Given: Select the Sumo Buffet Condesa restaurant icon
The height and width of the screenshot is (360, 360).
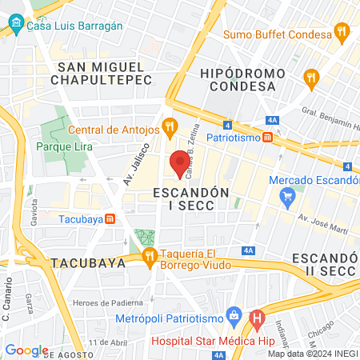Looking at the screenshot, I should (x=342, y=34).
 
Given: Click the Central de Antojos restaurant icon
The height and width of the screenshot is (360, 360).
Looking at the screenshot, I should (x=169, y=126).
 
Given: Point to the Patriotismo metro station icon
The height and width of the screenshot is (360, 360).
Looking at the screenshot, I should (x=267, y=138).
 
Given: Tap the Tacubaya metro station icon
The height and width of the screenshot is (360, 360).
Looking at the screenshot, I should (x=110, y=218).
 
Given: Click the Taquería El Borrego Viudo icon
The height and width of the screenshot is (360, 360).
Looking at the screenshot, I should (x=150, y=257).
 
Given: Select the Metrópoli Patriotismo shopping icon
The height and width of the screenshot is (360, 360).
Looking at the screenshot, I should (x=234, y=313).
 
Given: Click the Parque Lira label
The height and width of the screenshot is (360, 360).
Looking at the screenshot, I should (x=64, y=146).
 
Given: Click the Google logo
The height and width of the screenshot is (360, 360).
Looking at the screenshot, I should (x=26, y=350).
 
